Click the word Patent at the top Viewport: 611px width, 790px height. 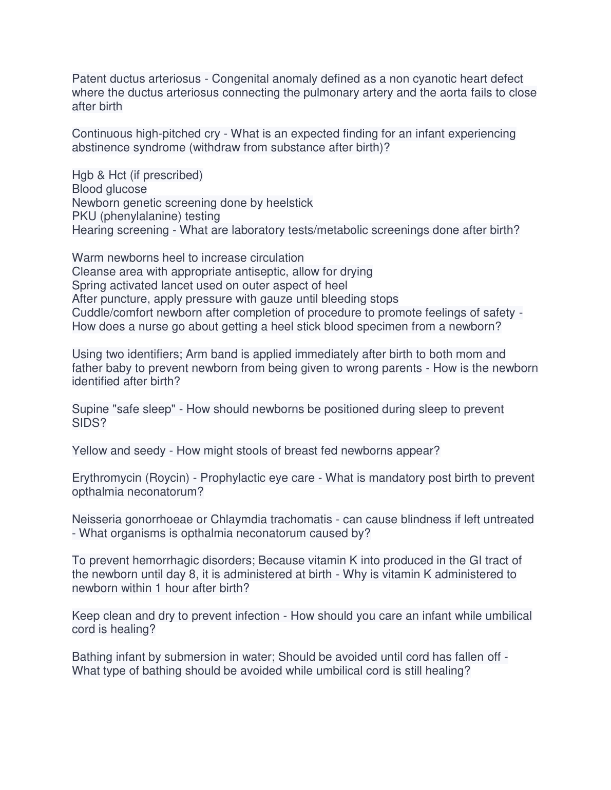(x=89, y=79)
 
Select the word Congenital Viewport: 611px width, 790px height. (x=240, y=79)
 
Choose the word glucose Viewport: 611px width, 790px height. (x=127, y=189)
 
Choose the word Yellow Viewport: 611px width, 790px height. (x=89, y=451)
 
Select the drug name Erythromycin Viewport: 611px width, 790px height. (x=106, y=478)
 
